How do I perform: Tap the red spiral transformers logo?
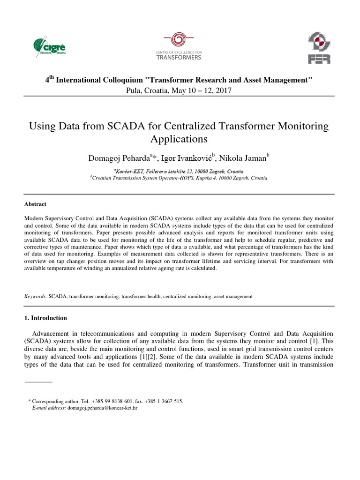[x=178, y=39]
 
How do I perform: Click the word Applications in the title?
[x=179, y=139]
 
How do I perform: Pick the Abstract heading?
[x=35, y=204]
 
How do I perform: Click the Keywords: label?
[x=36, y=296]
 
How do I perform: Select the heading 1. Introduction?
[x=45, y=318]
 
